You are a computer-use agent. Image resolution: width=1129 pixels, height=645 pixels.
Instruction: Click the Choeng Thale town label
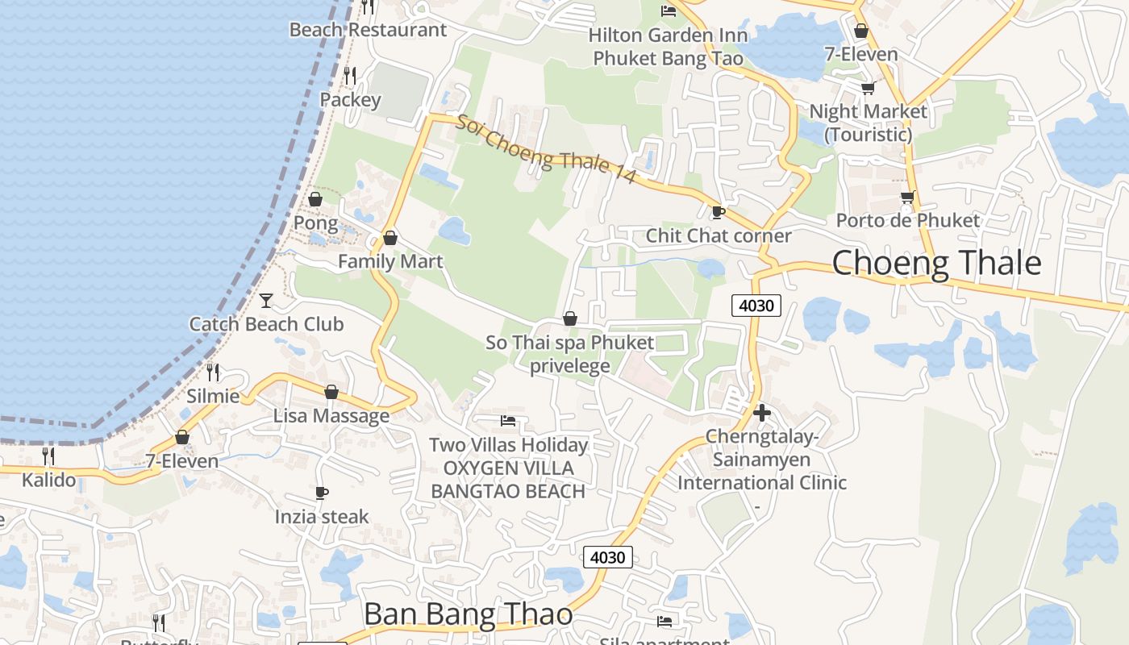point(935,264)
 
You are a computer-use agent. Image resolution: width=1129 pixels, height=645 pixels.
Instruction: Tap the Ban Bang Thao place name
point(468,614)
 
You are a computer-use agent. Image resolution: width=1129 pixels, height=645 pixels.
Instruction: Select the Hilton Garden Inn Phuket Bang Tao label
point(669,47)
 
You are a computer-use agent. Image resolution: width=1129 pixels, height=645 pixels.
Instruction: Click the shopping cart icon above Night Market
point(868,88)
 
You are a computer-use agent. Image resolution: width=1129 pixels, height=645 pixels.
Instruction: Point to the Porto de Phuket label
point(907,220)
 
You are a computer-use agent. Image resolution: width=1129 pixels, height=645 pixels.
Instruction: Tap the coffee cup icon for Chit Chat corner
point(718,212)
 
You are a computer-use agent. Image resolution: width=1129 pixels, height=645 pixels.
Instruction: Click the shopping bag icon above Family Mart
point(390,238)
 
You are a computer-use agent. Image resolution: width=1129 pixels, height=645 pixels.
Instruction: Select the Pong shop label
point(315,222)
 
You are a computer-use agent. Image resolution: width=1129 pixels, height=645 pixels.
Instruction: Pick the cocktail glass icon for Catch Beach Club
point(266,301)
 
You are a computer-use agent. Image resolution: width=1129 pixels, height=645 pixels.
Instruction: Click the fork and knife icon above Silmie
point(213,372)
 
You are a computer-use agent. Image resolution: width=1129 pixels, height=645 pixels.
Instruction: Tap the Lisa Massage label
point(331,416)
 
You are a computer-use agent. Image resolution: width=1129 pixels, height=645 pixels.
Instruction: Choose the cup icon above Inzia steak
point(322,493)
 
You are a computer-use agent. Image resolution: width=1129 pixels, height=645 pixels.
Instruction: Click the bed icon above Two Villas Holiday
point(508,420)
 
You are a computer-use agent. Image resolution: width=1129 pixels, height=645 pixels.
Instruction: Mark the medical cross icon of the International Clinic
point(761,413)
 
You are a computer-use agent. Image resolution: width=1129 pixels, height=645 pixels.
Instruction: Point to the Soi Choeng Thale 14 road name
point(546,150)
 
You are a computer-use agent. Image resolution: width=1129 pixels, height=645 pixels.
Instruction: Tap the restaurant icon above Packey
point(350,76)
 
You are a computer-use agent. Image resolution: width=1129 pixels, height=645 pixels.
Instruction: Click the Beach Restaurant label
point(368,30)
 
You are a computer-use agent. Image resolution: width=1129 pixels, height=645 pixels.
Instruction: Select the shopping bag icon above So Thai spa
point(570,318)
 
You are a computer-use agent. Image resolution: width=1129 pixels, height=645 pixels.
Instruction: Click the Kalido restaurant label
point(48,481)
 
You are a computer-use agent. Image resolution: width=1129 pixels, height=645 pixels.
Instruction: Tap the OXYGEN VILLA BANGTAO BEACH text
point(508,480)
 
